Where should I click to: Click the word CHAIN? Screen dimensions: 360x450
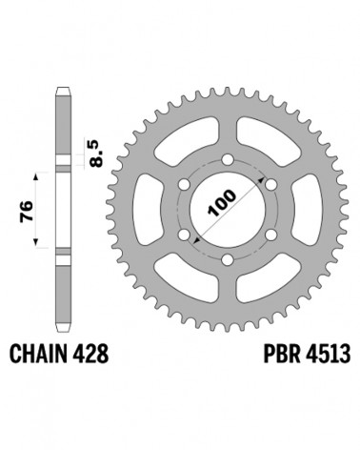[39, 354]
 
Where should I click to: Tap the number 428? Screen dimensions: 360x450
[90, 354]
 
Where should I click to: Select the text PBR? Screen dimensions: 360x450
[282, 354]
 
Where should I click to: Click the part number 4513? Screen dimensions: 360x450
[328, 354]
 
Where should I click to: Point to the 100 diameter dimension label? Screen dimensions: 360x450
[222, 203]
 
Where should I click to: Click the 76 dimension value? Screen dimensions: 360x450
[27, 211]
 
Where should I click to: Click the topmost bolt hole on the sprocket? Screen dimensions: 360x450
[227, 159]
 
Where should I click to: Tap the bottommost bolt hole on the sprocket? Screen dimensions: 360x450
[227, 259]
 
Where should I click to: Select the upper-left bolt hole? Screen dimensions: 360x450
[184, 185]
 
